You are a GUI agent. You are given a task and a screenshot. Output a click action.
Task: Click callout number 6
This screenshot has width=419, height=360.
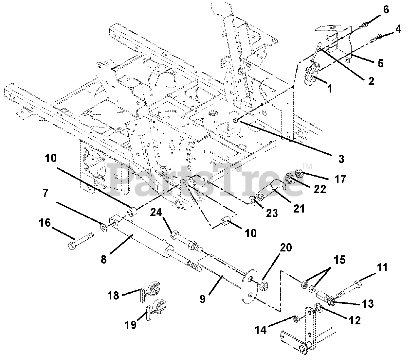[386, 9]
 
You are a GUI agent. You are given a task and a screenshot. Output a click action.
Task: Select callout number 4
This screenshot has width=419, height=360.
[398, 29]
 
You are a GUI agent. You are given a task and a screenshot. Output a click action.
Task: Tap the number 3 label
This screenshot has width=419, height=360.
[341, 159]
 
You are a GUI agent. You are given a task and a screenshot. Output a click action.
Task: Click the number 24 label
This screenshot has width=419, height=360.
[156, 213]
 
